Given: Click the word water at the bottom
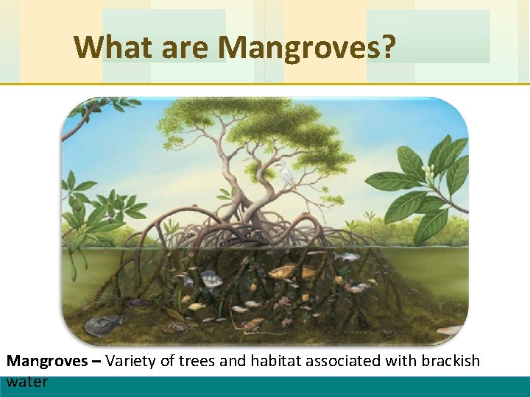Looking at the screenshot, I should pyautogui.click(x=27, y=381).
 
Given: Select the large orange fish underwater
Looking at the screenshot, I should pyautogui.click(x=283, y=272).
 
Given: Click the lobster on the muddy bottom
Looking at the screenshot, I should pyautogui.click(x=250, y=323).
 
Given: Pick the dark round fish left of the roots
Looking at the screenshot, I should pyautogui.click(x=211, y=279).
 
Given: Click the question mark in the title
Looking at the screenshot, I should pyautogui.click(x=389, y=48).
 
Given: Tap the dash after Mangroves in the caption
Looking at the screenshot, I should pyautogui.click(x=100, y=361).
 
